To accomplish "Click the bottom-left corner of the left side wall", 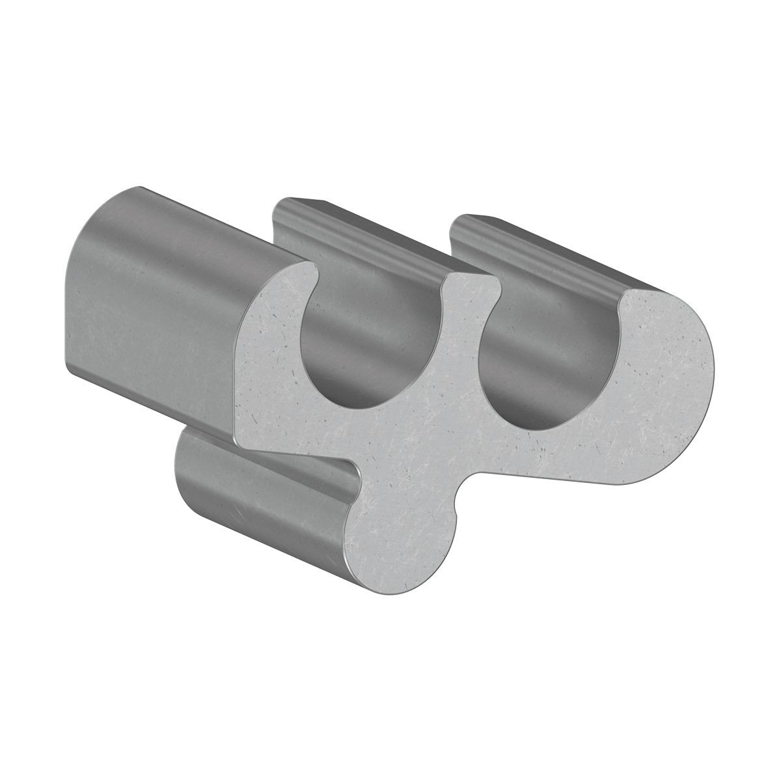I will click(72, 368).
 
